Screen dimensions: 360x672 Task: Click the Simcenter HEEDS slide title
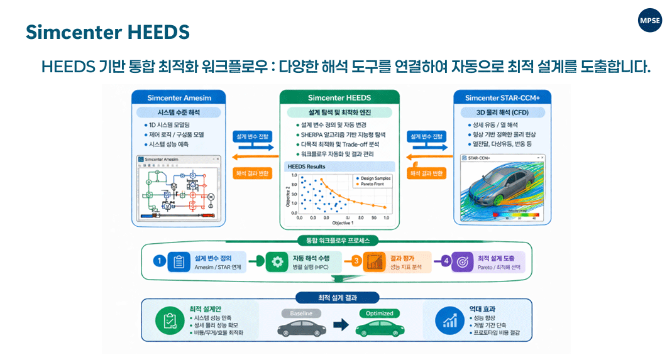pyautogui.click(x=107, y=32)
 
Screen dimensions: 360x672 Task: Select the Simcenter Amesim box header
pyautogui.click(x=178, y=97)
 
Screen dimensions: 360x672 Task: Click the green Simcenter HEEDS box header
pyautogui.click(x=339, y=97)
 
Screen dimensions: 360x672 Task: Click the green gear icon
pyautogui.click(x=275, y=262)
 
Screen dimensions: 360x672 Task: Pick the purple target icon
pyautogui.click(x=462, y=262)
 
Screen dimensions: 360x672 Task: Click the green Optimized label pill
pyautogui.click(x=379, y=313)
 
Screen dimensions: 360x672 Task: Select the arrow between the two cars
pyautogui.click(x=340, y=325)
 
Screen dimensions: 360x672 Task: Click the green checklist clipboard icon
pyautogui.click(x=169, y=321)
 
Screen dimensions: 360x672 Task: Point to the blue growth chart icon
pyautogui.click(x=449, y=321)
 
